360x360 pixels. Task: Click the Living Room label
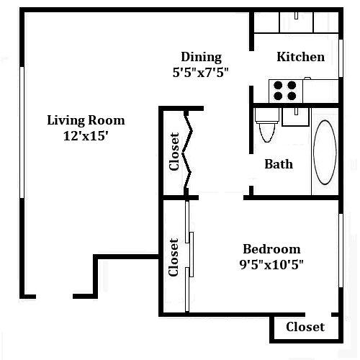click(x=86, y=120)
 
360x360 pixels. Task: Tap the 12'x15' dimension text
click(x=86, y=136)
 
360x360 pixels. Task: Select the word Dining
click(x=202, y=58)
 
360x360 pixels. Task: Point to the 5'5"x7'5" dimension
click(x=200, y=72)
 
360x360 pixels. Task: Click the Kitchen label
click(x=301, y=57)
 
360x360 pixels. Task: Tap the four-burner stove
click(x=286, y=91)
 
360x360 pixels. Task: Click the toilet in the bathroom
click(x=267, y=125)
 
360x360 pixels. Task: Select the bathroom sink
click(x=296, y=117)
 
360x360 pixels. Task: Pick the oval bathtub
click(x=325, y=152)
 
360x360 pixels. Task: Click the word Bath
click(x=279, y=164)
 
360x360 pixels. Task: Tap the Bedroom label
click(x=271, y=249)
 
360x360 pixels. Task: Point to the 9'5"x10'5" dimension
click(x=271, y=265)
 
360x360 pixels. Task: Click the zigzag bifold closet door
click(x=187, y=153)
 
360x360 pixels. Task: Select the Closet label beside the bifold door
click(x=174, y=152)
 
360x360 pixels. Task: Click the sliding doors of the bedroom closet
click(x=189, y=256)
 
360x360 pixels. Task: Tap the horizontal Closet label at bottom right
click(x=305, y=327)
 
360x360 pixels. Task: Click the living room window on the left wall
click(x=22, y=132)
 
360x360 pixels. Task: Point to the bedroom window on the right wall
click(x=341, y=251)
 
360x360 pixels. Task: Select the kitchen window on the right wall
click(x=341, y=58)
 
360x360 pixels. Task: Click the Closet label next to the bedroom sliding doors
click(x=174, y=257)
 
